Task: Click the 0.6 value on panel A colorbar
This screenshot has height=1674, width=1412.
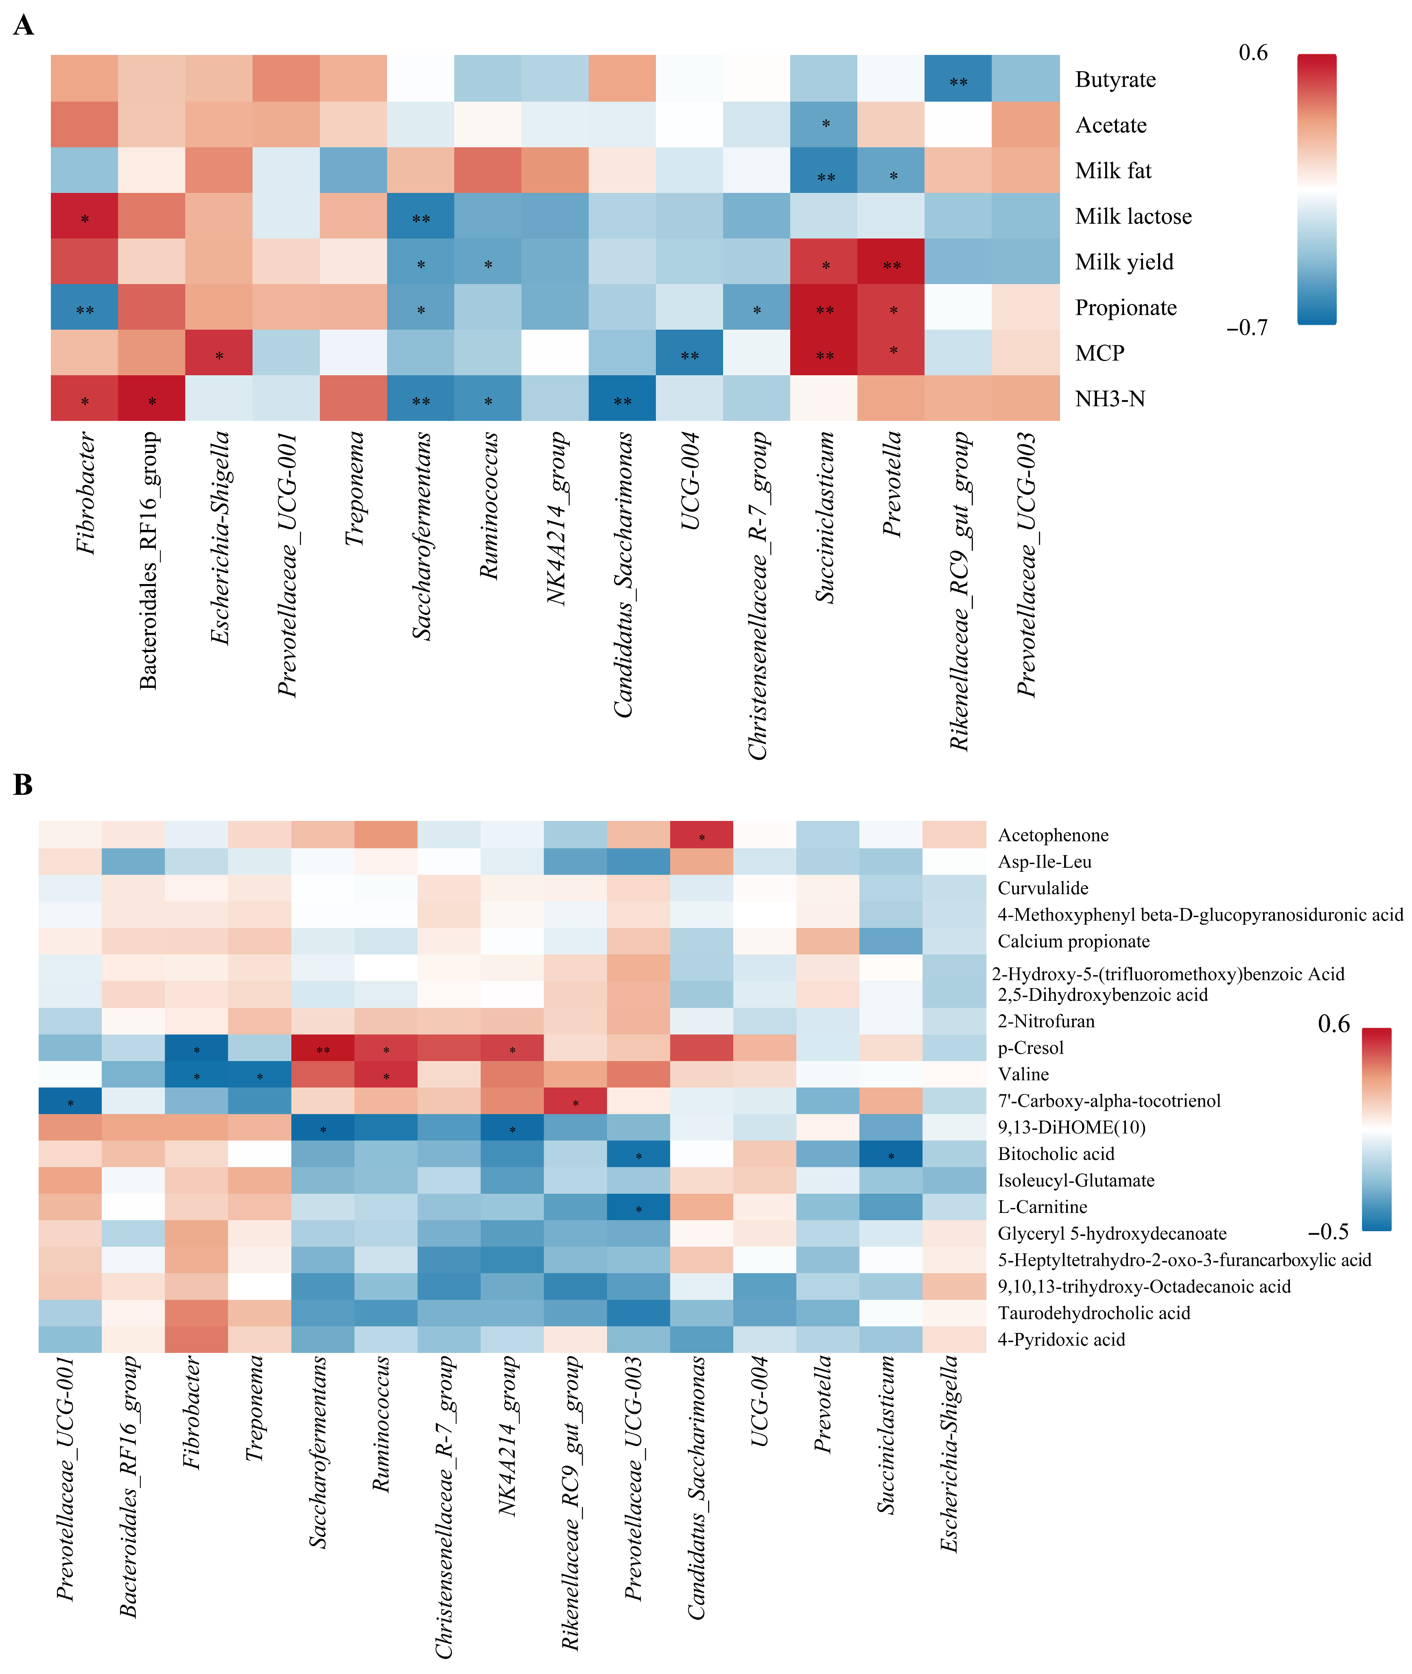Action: click(1253, 53)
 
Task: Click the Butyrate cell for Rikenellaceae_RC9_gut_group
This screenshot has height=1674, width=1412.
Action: click(958, 79)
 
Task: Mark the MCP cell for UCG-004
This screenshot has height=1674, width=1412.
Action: click(689, 353)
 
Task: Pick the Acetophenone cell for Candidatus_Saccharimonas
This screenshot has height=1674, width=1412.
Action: click(701, 835)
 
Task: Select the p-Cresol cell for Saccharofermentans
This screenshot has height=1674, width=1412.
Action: click(323, 1048)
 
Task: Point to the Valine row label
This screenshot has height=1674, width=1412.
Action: click(1023, 1074)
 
